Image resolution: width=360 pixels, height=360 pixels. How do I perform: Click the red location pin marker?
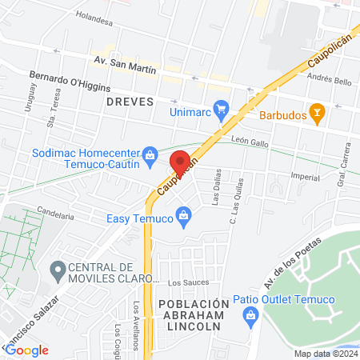coord(179,161)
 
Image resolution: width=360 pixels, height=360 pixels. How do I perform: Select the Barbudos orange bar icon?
coord(318,115)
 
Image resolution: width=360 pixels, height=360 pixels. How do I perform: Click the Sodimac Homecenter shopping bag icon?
coord(149,154)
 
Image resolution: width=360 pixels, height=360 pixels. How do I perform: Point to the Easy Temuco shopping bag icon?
coord(183,216)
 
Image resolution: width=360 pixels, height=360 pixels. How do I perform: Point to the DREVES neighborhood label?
coord(128,102)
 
